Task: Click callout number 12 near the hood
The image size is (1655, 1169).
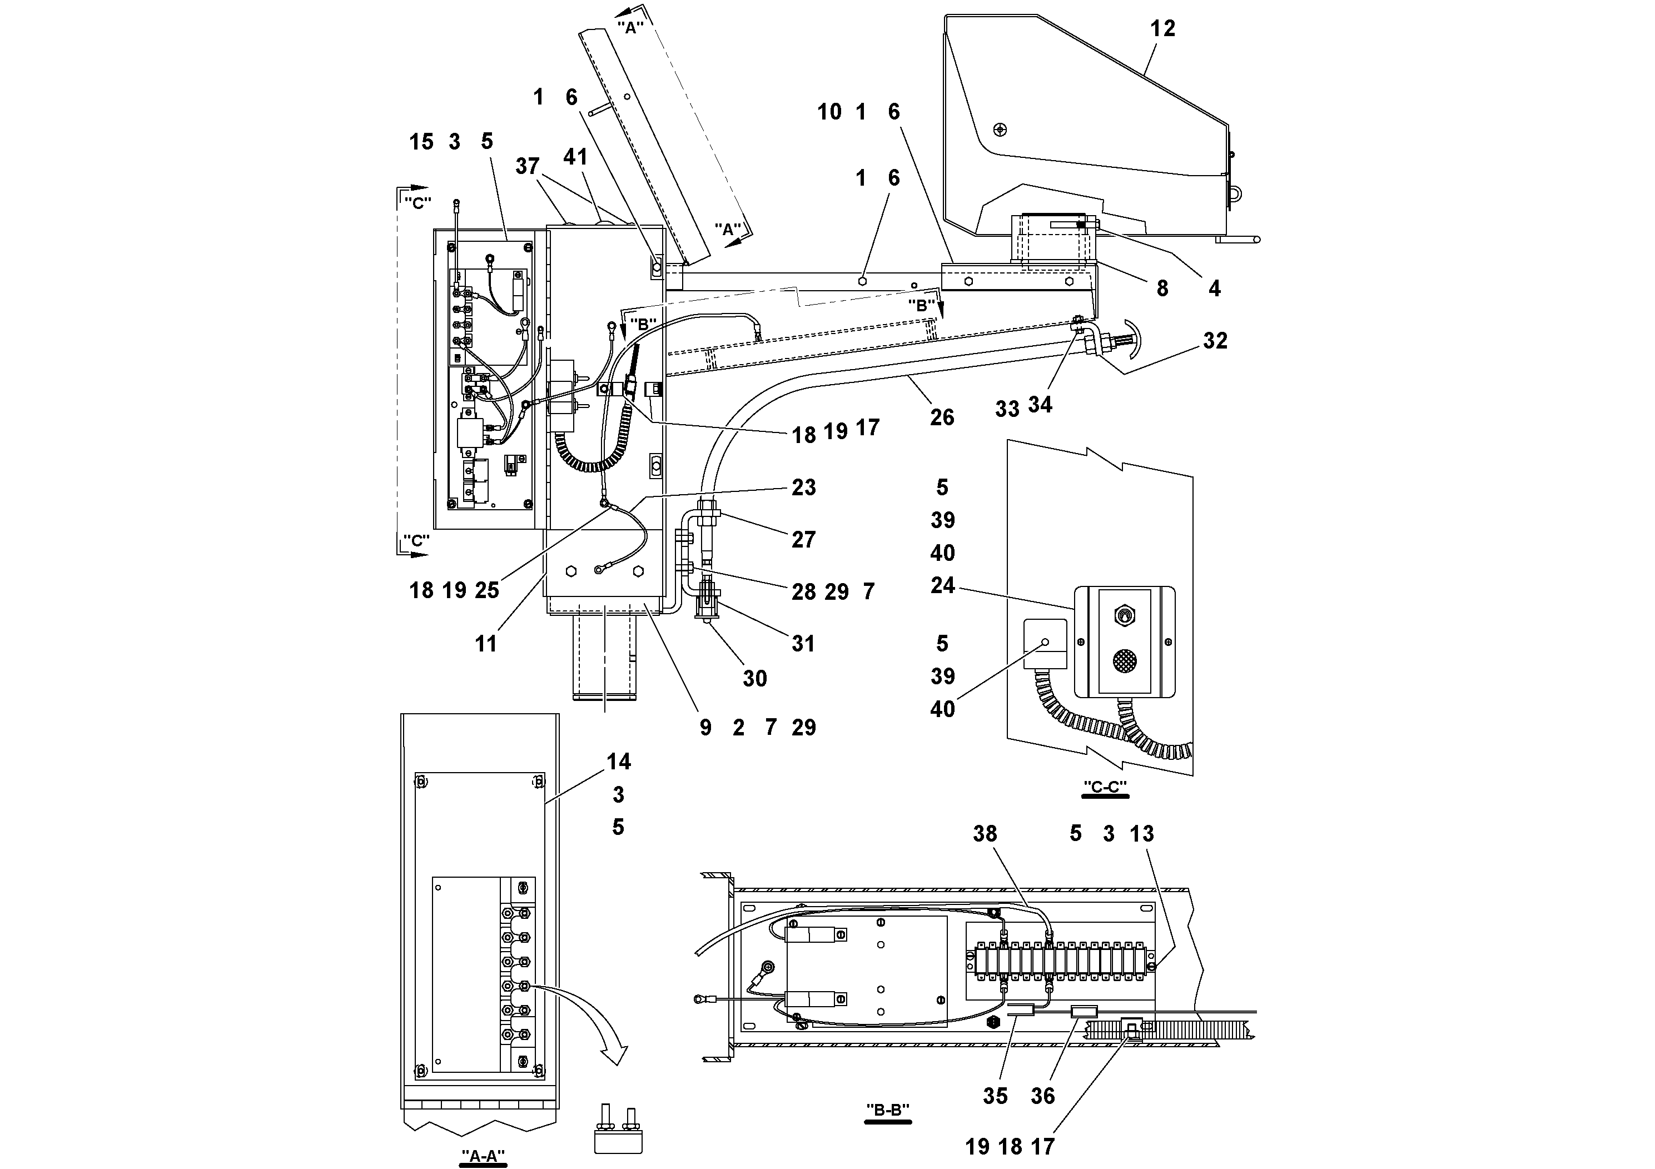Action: (x=1162, y=29)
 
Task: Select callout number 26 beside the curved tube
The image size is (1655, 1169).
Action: (x=941, y=417)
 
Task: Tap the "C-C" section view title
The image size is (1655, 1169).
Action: (x=1105, y=787)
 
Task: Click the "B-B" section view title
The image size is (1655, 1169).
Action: (x=887, y=1110)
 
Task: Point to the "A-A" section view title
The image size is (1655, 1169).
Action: (x=483, y=1156)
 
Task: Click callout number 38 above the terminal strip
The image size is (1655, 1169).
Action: (x=985, y=834)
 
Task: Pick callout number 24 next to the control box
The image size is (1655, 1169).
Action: (x=942, y=585)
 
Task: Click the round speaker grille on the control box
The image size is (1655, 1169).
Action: (x=1123, y=661)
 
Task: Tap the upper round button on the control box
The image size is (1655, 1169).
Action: (x=1123, y=615)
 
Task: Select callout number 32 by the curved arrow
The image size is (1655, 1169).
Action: (x=1215, y=340)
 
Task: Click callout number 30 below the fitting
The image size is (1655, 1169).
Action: (x=755, y=678)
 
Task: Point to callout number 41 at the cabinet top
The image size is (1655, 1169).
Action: (x=575, y=157)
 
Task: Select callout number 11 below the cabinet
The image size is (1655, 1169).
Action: (x=486, y=644)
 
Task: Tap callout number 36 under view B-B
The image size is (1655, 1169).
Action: (x=1042, y=1096)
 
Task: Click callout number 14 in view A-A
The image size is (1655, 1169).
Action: (x=618, y=762)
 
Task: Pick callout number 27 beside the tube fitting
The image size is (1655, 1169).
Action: (x=803, y=540)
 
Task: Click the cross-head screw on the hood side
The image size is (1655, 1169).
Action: (x=999, y=130)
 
